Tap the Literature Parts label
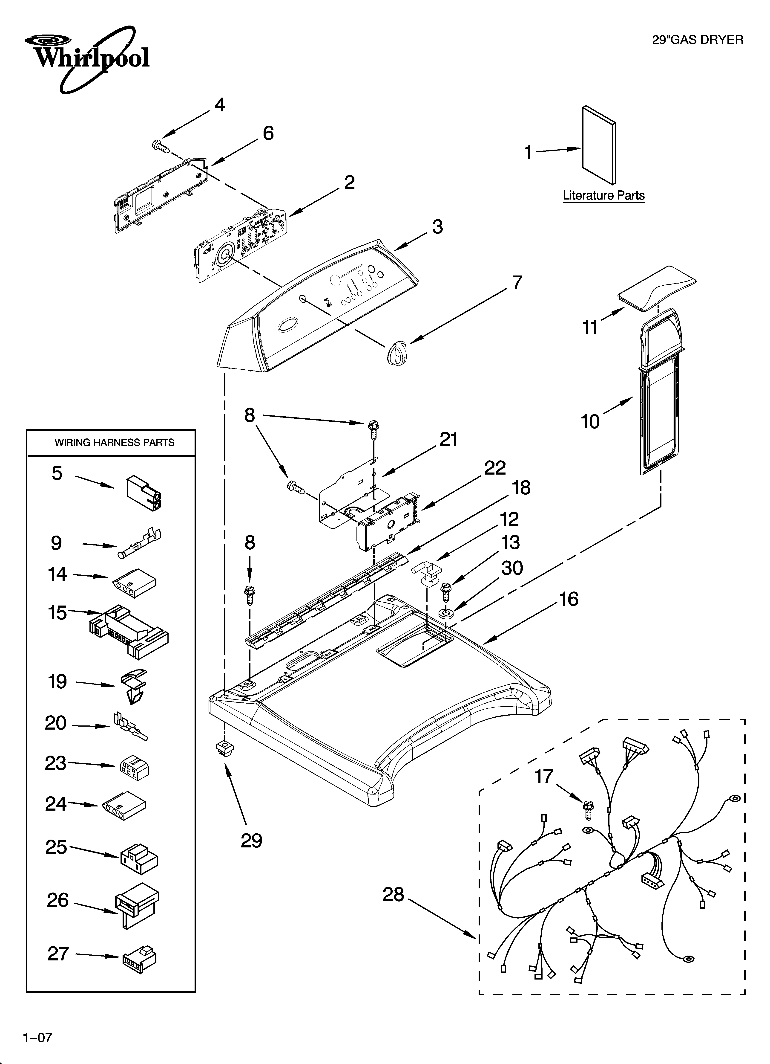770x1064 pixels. (603, 196)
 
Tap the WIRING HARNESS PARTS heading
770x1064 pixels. (115, 442)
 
